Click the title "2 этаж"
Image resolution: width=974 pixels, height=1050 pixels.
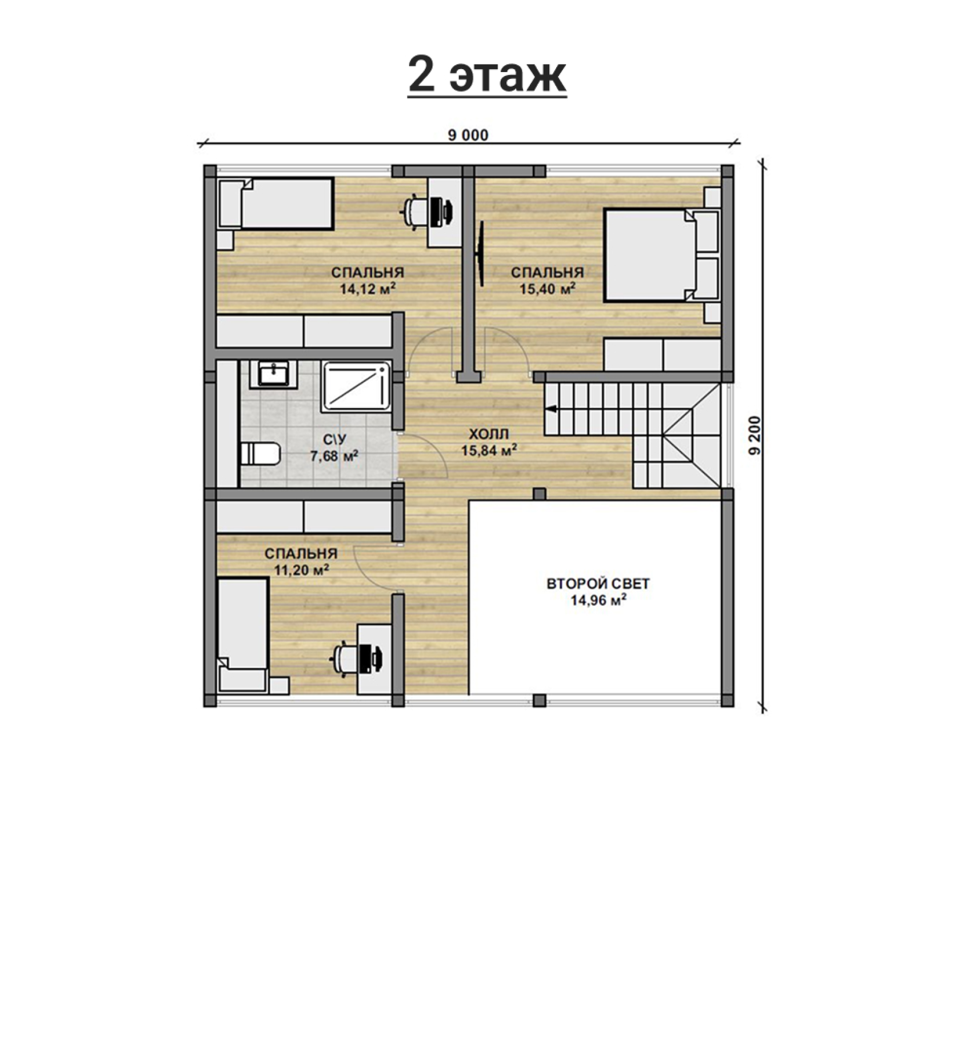[487, 76]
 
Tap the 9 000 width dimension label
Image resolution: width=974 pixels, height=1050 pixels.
[469, 135]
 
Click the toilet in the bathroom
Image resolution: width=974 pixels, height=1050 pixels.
[261, 454]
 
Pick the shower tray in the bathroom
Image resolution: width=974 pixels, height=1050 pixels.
[356, 386]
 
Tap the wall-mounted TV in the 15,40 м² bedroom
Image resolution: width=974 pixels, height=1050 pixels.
[481, 254]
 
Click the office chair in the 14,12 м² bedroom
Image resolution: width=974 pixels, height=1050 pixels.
[415, 209]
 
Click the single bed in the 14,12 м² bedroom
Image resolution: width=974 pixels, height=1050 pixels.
[275, 204]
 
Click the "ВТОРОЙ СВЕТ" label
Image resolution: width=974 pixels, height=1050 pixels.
[598, 584]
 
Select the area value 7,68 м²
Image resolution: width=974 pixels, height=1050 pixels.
[334, 456]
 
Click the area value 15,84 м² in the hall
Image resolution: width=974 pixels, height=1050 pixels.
[489, 450]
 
